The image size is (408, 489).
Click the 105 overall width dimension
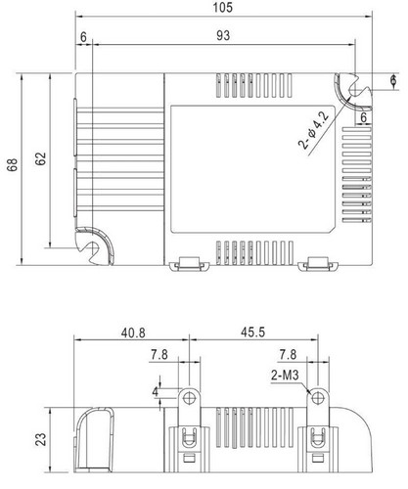[x=223, y=7]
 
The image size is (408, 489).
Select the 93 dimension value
[x=223, y=35]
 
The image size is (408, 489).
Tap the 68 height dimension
[x=13, y=164]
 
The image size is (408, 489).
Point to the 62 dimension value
[x=41, y=158]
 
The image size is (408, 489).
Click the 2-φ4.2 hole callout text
[x=314, y=131]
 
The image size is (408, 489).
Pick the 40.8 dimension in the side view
[x=133, y=333]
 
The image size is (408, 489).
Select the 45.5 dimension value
[x=253, y=333]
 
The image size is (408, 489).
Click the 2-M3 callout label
[x=285, y=376]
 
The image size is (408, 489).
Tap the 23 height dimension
[x=41, y=439]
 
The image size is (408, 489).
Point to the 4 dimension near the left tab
[x=156, y=391]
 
